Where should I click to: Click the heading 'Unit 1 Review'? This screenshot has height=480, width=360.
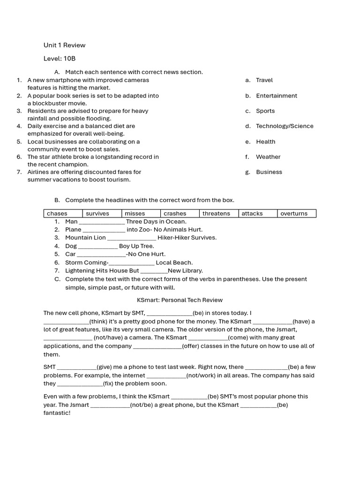click(64, 45)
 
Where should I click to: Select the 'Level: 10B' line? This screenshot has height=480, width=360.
click(60, 59)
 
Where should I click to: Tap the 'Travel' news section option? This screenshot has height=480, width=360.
click(264, 80)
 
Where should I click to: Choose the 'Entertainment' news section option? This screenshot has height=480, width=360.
click(277, 96)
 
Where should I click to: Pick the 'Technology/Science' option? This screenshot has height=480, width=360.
click(285, 126)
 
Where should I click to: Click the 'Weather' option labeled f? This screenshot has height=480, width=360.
click(268, 157)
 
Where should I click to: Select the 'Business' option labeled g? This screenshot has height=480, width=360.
click(269, 172)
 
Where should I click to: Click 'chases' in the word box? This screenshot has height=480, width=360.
click(57, 214)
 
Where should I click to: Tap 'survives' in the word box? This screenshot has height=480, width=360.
click(97, 214)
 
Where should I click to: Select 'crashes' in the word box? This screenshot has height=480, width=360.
click(175, 214)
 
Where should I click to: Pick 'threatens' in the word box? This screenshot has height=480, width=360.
click(216, 214)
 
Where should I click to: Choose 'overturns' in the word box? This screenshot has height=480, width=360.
click(294, 214)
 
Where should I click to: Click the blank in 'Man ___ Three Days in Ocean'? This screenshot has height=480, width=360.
click(102, 222)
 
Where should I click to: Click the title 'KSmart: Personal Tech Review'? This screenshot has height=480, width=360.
click(180, 300)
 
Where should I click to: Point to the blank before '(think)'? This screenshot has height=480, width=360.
click(66, 322)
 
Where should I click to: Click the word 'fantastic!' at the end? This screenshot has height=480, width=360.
click(57, 413)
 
